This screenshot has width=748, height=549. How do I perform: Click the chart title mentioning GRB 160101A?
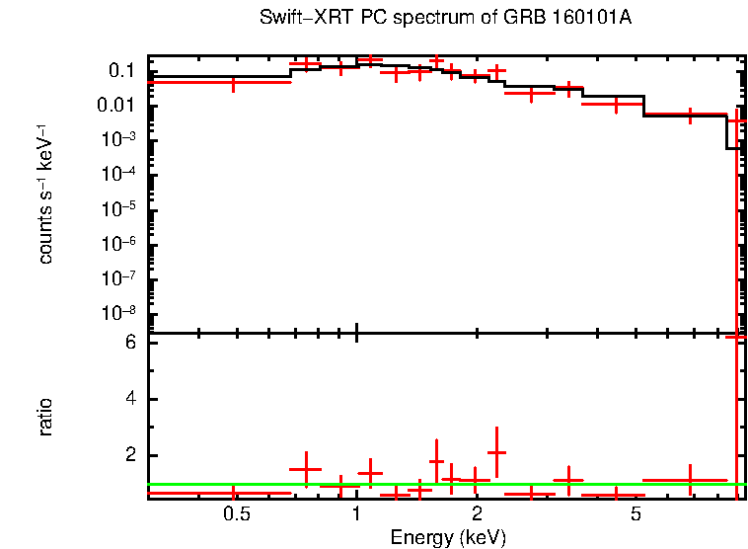(445, 19)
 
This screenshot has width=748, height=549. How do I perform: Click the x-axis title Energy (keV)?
(447, 537)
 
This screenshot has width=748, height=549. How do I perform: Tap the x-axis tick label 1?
(356, 514)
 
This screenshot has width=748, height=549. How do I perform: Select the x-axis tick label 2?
(477, 514)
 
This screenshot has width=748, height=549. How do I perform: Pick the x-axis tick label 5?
(636, 514)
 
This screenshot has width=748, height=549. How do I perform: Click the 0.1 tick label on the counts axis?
(121, 71)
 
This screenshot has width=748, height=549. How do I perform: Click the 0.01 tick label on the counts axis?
(117, 106)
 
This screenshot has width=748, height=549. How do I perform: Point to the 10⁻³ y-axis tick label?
(117, 139)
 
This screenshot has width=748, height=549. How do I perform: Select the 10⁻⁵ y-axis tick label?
(117, 208)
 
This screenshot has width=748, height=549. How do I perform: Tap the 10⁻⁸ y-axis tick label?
(117, 313)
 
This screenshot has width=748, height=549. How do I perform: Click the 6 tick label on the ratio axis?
(128, 343)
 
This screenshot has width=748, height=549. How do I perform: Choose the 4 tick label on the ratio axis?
(128, 399)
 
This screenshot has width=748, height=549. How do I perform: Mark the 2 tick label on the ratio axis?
(128, 455)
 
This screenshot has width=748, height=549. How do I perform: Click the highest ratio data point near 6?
(736, 337)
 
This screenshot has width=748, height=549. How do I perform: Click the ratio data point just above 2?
(496, 452)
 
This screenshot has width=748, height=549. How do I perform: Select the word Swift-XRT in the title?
(297, 19)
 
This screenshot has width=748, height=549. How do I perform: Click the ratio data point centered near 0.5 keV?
(233, 492)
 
